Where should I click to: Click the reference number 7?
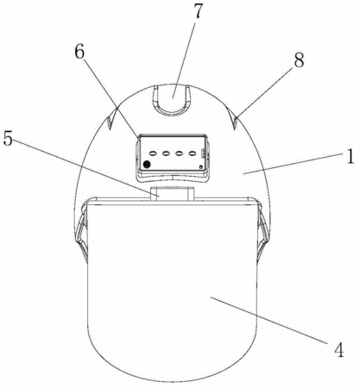coord(198,10)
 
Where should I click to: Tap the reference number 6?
coord(79,52)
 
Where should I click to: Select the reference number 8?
coord(299,60)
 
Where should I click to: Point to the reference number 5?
coord(8,139)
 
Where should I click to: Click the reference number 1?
coord(351,157)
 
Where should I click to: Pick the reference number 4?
coord(339,350)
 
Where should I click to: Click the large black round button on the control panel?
coord(147,165)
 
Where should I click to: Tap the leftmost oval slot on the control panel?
coord(153,153)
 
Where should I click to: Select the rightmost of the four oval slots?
coord(193,153)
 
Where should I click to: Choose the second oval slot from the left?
coord(166,153)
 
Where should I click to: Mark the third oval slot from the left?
coord(180,153)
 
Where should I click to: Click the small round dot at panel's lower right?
coord(200,166)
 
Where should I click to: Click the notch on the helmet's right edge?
coord(234,118)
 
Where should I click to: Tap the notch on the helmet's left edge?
coord(110,121)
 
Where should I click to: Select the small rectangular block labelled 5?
coord(172,193)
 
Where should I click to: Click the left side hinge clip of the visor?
coord(81,230)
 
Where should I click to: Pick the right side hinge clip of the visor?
coord(262,230)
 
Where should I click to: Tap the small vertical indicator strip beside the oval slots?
coord(203,153)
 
